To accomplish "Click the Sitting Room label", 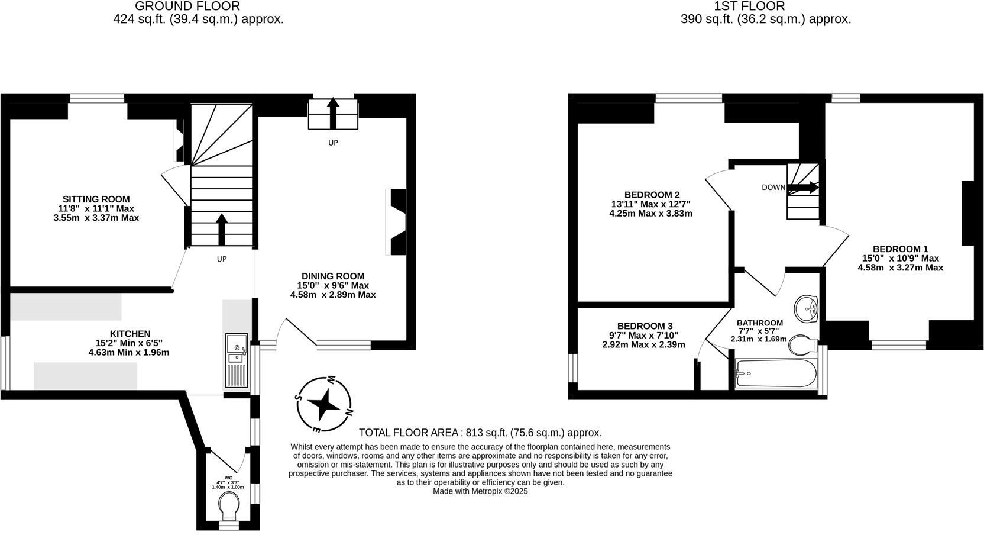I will coord(96,199).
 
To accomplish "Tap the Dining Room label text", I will coord(333,276).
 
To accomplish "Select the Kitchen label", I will coord(130,334).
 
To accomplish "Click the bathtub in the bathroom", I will coord(776,373).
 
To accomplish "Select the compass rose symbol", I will coord(323,404).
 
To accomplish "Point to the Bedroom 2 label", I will coord(652,195).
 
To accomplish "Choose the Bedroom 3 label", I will coord(645,326).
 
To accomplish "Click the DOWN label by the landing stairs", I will coord(773,188).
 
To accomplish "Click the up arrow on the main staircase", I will coord(222,230).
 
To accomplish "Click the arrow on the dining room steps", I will coord(333,112).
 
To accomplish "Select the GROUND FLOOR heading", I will coord(187,7).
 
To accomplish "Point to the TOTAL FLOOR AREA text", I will coord(480,433).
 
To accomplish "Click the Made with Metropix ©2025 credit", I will coord(480,491).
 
